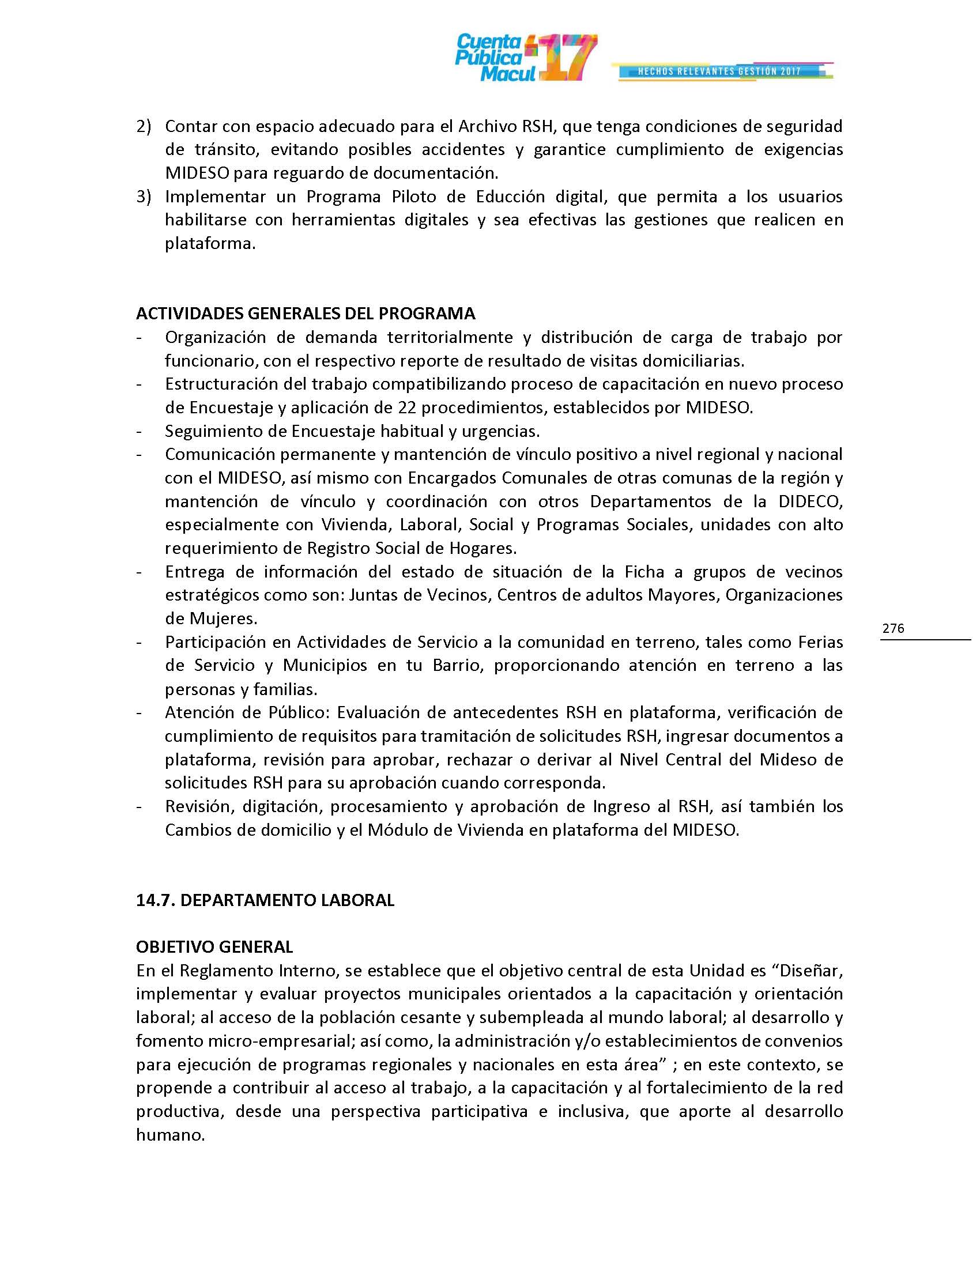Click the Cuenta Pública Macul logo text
point(489,58)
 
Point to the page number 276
point(893,628)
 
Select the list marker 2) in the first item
point(144,126)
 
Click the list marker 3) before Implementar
point(144,196)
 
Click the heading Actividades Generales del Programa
point(306,314)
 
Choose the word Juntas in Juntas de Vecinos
point(370,595)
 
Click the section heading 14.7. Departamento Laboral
point(265,900)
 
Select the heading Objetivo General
point(214,947)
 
